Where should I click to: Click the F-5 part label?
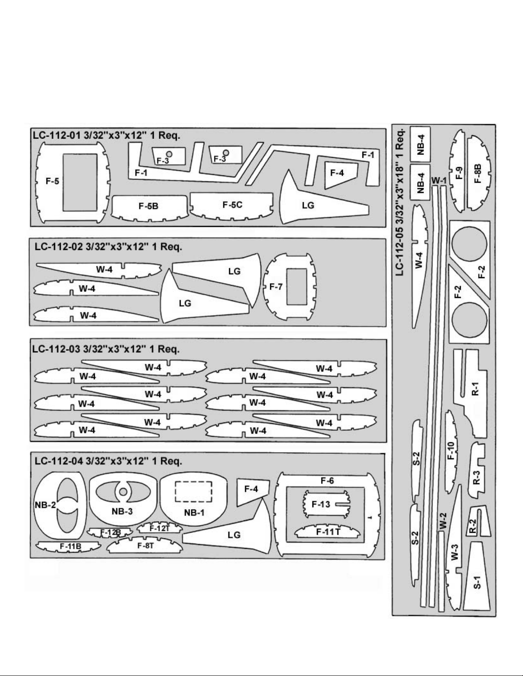52,181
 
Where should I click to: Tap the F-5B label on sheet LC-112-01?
149,206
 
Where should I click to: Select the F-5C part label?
232,205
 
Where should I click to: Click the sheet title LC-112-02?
59,247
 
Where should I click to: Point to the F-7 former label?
276,287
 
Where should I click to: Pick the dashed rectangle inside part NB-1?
194,491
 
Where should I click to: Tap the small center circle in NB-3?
123,492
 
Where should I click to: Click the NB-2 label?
45,505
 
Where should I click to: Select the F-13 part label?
321,504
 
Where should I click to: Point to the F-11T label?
328,532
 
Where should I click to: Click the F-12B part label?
111,533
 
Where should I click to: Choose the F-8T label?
146,545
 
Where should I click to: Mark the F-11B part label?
70,546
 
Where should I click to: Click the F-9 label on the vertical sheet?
459,173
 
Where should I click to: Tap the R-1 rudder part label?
475,389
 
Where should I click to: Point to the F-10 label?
451,451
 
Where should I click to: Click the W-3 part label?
455,552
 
